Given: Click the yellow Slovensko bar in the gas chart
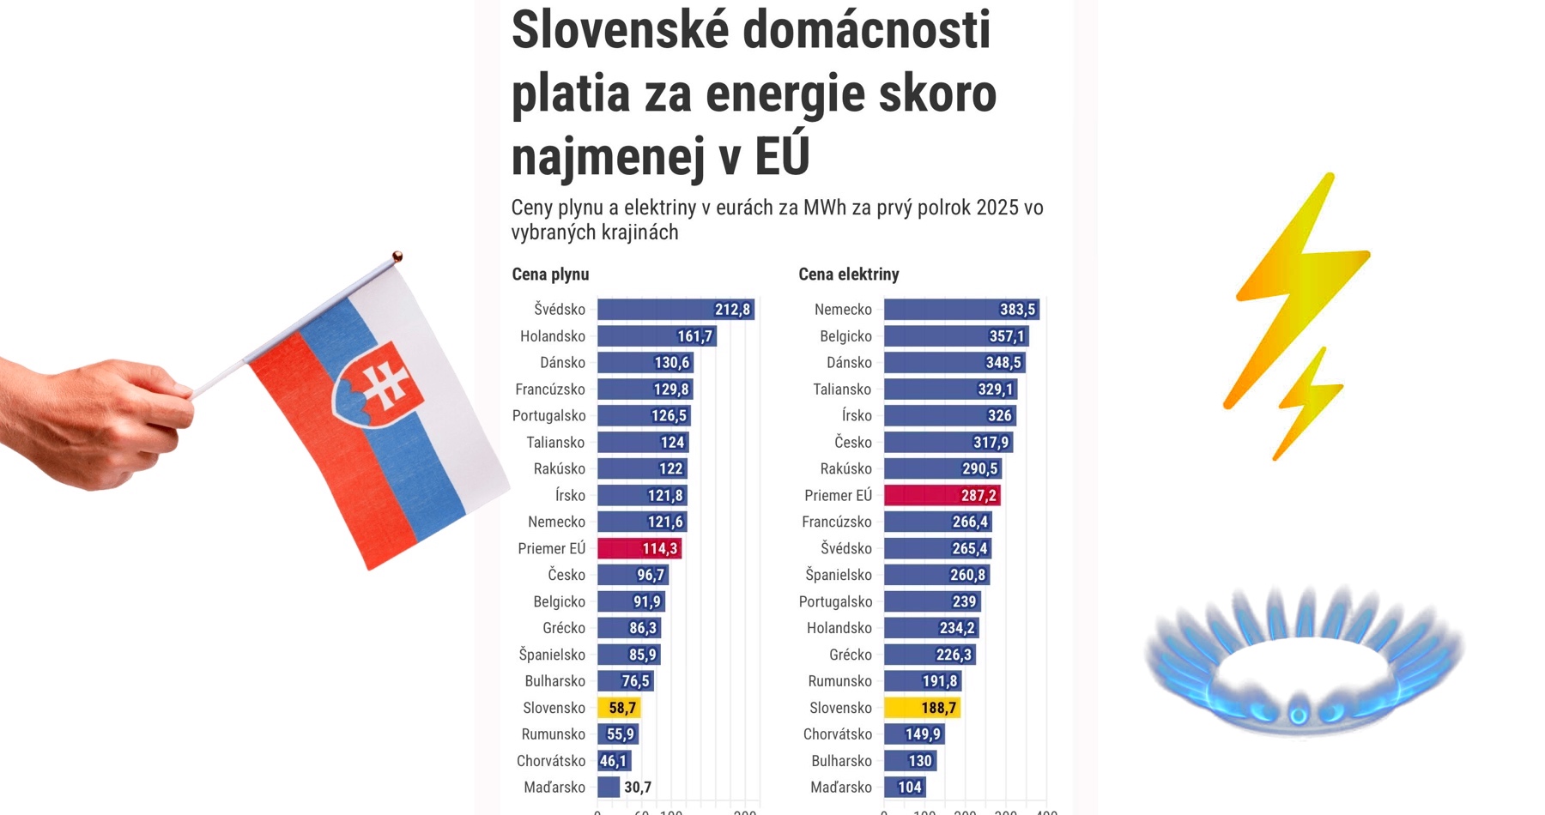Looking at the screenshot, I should pyautogui.click(x=619, y=708).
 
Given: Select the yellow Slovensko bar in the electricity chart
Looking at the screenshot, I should pyautogui.click(x=922, y=708).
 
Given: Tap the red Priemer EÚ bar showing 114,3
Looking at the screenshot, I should pyautogui.click(x=639, y=548).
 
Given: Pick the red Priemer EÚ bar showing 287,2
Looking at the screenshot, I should pyautogui.click(x=942, y=495).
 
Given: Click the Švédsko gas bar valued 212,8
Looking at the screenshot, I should pyautogui.click(x=676, y=310).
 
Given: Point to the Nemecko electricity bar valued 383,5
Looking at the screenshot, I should pyautogui.click(x=961, y=310).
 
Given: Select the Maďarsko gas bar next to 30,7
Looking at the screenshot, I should pyautogui.click(x=609, y=787).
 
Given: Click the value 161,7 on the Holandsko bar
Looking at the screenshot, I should pyautogui.click(x=695, y=336).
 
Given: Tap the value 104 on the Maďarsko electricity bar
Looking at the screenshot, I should pyautogui.click(x=910, y=787).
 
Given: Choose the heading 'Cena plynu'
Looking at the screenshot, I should pyautogui.click(x=550, y=275).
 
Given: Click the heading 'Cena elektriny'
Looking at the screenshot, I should pyautogui.click(x=848, y=275).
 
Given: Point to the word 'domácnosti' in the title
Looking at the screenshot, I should pyautogui.click(x=866, y=30).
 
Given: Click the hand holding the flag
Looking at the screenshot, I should pyautogui.click(x=94, y=420).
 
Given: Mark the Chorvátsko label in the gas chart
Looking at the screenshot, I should pyautogui.click(x=551, y=761).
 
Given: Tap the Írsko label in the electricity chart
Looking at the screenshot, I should pyautogui.click(x=857, y=416).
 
